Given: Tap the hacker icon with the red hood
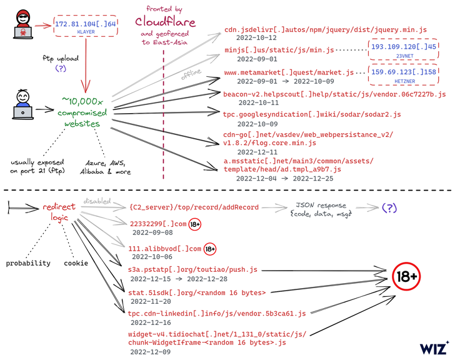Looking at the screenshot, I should click(22, 24).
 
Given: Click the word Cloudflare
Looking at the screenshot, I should click(165, 22).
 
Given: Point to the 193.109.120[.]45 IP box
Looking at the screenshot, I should click(403, 49).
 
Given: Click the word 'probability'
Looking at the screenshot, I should click(28, 263).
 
